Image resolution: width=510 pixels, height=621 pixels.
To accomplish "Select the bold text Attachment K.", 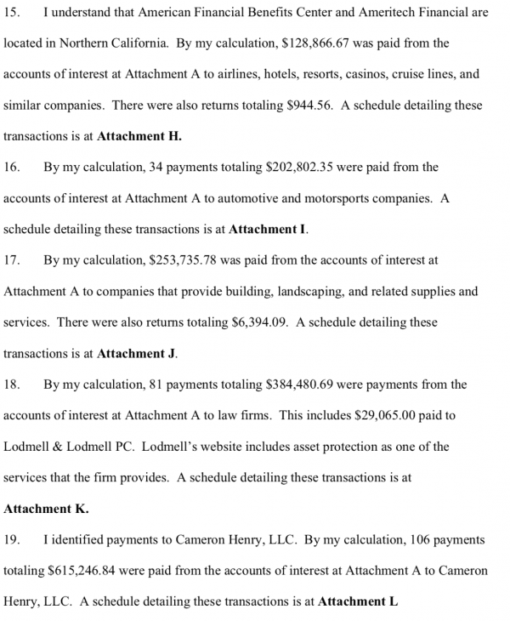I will (46, 509).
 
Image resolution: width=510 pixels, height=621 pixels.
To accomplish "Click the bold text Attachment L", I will (358, 602).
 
